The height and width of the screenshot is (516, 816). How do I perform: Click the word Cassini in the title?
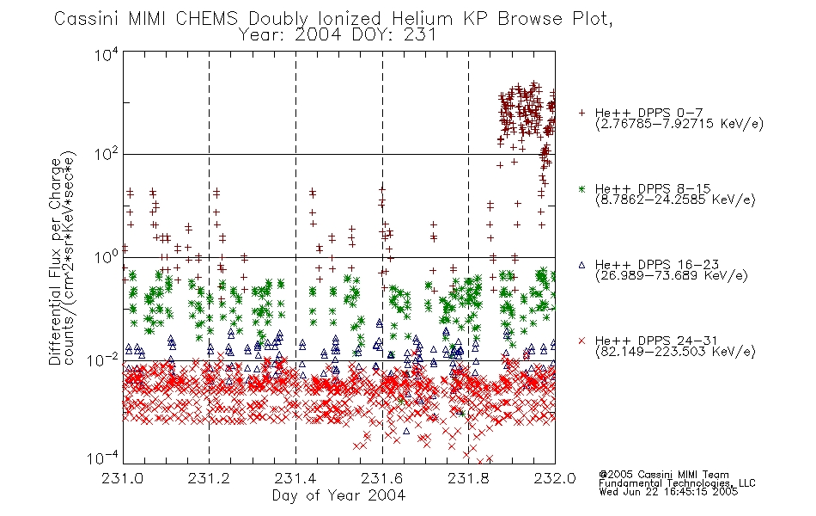click(88, 19)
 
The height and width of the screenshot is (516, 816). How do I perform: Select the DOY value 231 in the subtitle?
click(419, 35)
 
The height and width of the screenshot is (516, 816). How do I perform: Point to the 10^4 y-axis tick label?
click(107, 54)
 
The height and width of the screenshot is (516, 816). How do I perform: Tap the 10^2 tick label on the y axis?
click(107, 154)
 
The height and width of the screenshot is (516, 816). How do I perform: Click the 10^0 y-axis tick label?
click(107, 257)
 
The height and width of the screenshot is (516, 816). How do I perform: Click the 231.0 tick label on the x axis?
click(123, 478)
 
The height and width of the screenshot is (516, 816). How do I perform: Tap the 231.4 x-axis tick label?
click(295, 478)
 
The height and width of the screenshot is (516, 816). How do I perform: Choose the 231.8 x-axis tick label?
click(468, 478)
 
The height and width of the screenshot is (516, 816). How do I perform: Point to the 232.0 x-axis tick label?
click(555, 478)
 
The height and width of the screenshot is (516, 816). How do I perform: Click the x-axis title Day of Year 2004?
click(338, 495)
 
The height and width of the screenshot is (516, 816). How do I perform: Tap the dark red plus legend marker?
click(582, 113)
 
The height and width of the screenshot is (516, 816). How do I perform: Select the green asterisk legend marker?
click(582, 188)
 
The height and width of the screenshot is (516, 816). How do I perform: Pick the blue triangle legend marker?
click(582, 265)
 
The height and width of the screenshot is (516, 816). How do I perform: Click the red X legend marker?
click(582, 341)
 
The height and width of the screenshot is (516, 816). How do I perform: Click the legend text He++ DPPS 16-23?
click(657, 265)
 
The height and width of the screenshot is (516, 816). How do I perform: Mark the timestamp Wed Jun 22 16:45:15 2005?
click(668, 492)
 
